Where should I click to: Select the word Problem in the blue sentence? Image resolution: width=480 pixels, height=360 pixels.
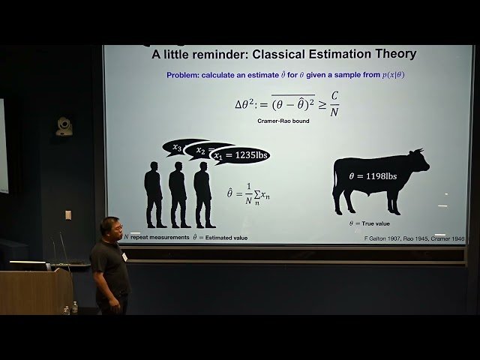185,76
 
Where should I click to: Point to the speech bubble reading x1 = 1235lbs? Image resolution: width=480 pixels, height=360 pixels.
239,155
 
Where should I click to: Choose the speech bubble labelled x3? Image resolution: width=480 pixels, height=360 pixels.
178,147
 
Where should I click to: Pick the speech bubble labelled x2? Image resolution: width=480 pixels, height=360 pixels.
200,151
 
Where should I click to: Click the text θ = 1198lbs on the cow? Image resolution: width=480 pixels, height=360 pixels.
373,177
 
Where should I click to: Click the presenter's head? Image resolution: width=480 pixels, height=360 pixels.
109,229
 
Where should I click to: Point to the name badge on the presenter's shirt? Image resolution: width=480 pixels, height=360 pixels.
124,256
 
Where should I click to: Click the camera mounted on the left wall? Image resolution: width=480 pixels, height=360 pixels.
65,126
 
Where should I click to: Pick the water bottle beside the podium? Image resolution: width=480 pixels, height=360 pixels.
74,307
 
